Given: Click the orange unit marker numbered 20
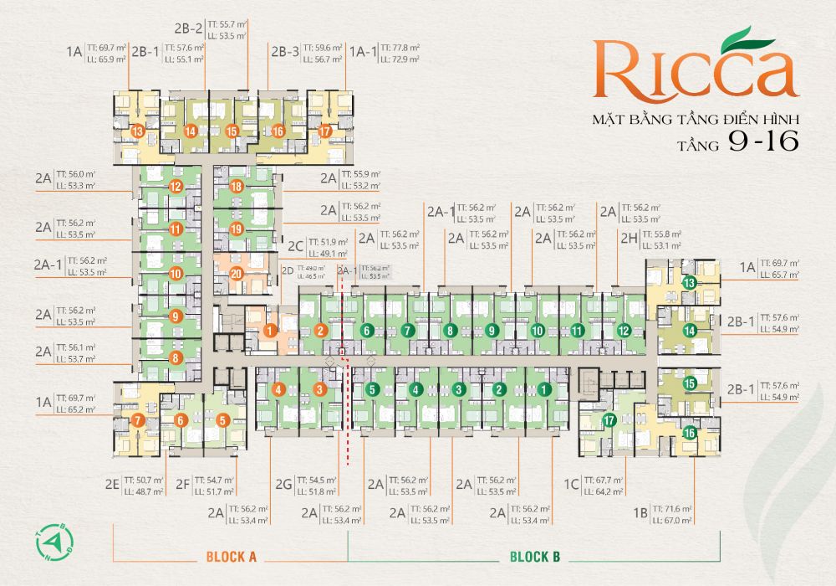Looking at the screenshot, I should [x=236, y=272].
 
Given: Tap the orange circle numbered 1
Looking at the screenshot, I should [x=269, y=331].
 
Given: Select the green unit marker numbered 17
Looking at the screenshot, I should [x=609, y=420].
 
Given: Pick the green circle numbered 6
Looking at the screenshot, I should [x=365, y=331].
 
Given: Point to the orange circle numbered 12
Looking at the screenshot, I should [x=176, y=187].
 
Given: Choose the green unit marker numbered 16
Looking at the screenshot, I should [x=690, y=433].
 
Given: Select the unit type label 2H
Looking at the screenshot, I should [x=630, y=239].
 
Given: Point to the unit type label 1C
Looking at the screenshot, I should [x=571, y=484].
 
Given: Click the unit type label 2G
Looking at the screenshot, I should [x=283, y=484].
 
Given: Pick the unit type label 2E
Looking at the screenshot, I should [x=114, y=484].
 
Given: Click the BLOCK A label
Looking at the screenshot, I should [x=230, y=556].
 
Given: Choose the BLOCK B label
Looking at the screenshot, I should [x=535, y=556].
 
